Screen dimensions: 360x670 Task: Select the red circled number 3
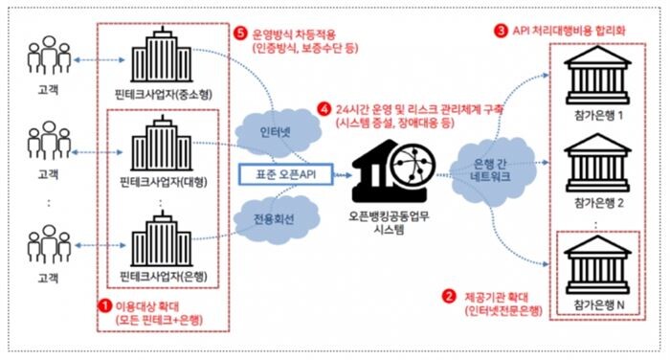[502, 30]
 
